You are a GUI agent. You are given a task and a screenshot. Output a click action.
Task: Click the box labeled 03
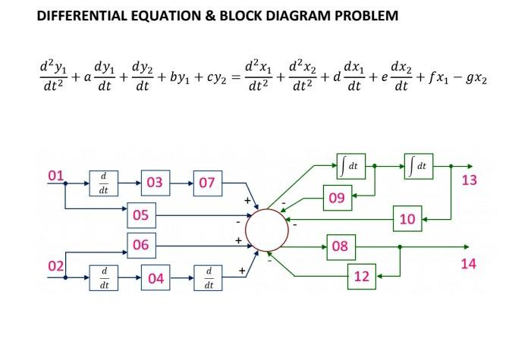tap(154, 183)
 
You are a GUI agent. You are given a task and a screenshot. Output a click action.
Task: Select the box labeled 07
tap(207, 183)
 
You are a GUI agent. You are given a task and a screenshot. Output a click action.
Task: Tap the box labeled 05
tap(141, 215)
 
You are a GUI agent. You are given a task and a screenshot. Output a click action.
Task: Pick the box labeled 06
tap(141, 245)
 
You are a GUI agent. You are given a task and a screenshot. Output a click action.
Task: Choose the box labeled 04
tap(156, 277)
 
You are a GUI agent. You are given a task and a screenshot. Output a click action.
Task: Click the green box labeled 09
tap(338, 199)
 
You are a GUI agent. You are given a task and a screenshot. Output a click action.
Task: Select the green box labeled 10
tap(407, 220)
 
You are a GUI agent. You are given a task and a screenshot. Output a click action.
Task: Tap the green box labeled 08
tap(341, 246)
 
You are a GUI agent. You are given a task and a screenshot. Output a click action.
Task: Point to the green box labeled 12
tap(362, 277)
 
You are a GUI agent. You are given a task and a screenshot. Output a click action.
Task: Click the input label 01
tap(55, 177)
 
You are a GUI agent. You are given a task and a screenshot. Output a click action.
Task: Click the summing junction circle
tap(265, 230)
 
